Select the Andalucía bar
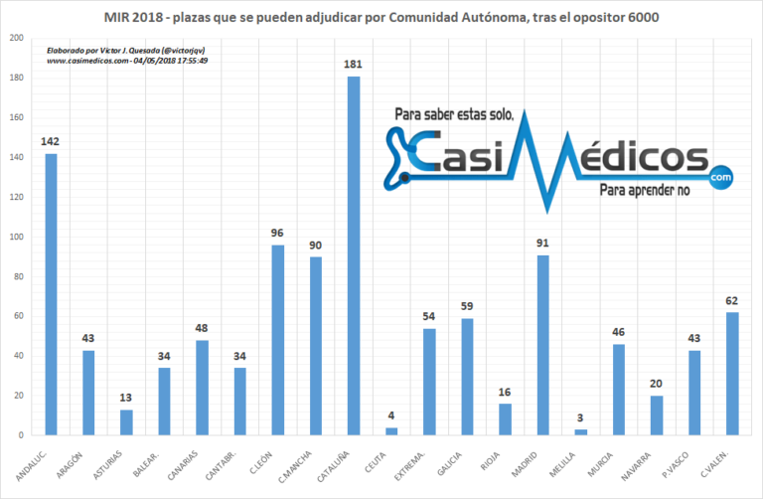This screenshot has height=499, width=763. pyautogui.click(x=51, y=294)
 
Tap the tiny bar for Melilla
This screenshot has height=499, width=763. pyautogui.click(x=580, y=431)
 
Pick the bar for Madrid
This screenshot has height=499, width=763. pyautogui.click(x=542, y=345)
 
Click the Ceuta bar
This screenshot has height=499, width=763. pyautogui.click(x=390, y=430)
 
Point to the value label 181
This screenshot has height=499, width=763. pyautogui.click(x=354, y=67)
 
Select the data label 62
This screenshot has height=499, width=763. pyautogui.click(x=732, y=302)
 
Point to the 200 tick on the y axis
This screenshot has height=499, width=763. pyautogui.click(x=14, y=39)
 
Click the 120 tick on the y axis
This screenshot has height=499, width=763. pyautogui.click(x=14, y=198)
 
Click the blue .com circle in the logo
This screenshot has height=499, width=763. pyautogui.click(x=719, y=176)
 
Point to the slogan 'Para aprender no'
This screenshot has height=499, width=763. pyautogui.click(x=644, y=189)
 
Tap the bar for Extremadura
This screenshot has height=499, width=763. pyautogui.click(x=429, y=382)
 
